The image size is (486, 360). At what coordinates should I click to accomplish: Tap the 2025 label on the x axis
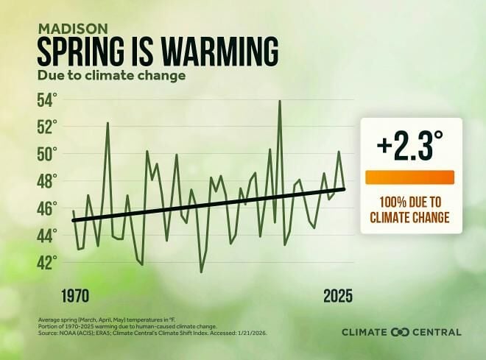tap(338, 296)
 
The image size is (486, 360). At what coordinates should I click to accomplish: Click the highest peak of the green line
tap(280, 101)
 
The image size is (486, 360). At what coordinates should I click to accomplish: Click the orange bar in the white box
tap(410, 177)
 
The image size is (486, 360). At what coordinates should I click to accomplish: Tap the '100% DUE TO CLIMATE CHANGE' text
tap(410, 209)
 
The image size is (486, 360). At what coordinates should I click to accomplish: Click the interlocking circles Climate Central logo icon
tap(401, 332)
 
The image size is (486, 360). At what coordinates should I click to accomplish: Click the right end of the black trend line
tap(344, 189)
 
